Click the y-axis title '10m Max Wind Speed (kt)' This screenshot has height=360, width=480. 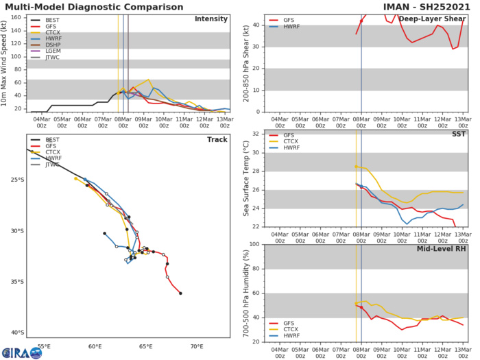point(7,62)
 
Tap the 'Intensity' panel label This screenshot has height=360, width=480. point(211,19)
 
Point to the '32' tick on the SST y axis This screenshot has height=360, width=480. point(257,134)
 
